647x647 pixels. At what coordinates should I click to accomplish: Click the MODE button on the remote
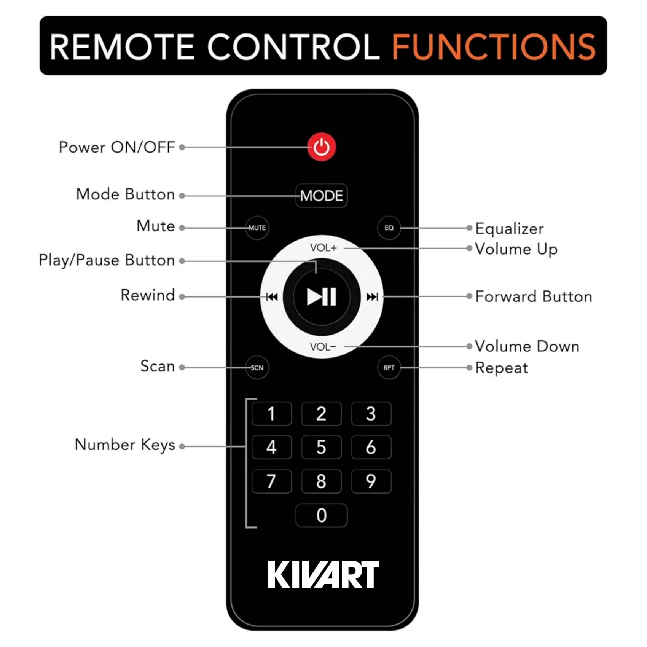pyautogui.click(x=321, y=196)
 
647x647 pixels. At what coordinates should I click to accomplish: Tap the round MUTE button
pyautogui.click(x=257, y=228)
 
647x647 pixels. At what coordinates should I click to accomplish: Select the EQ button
pyautogui.click(x=389, y=228)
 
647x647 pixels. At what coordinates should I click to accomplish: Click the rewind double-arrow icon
pyautogui.click(x=272, y=297)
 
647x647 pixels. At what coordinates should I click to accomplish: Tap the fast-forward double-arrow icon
pyautogui.click(x=372, y=297)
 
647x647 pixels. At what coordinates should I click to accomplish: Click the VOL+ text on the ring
pyautogui.click(x=323, y=248)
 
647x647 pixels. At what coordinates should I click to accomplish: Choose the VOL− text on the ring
pyautogui.click(x=323, y=347)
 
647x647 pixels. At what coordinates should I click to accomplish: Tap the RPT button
pyautogui.click(x=389, y=367)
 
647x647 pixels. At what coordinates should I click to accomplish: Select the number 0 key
pyautogui.click(x=321, y=515)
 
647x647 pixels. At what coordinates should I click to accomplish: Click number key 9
pyautogui.click(x=371, y=481)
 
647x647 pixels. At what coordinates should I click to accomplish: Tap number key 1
pyautogui.click(x=271, y=414)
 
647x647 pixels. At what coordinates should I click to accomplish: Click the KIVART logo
pyautogui.click(x=323, y=574)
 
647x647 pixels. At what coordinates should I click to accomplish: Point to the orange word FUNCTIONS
pyautogui.click(x=494, y=47)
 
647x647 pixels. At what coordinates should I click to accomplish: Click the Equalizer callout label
pyautogui.click(x=509, y=229)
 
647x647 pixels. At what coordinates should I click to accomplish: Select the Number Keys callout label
pyautogui.click(x=125, y=445)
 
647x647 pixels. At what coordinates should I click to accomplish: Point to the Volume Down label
pyautogui.click(x=527, y=346)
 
